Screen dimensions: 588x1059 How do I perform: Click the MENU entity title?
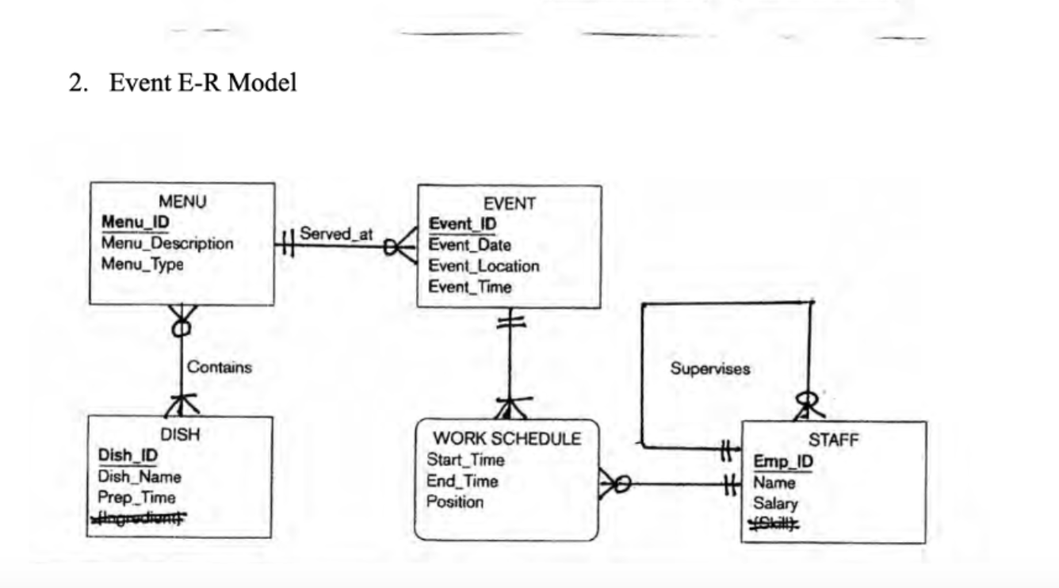point(182,201)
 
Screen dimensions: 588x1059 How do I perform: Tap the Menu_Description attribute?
point(167,243)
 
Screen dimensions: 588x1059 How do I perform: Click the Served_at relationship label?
point(336,235)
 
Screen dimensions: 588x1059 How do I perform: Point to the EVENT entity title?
point(509,204)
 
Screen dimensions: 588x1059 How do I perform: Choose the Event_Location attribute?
point(484,266)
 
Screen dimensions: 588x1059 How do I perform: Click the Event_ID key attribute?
point(462,224)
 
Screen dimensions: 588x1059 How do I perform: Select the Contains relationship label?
point(220,367)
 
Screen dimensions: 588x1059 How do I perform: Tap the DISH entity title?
point(180,434)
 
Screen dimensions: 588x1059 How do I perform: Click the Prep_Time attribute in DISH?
point(136,498)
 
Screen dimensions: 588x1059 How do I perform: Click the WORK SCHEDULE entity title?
point(507,438)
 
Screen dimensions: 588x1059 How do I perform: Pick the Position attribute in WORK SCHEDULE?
point(455,502)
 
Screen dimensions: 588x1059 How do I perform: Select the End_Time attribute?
point(462,481)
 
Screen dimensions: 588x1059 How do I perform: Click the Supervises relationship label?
point(709,368)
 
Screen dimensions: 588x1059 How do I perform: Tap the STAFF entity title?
point(833,441)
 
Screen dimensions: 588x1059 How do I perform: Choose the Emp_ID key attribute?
point(783,462)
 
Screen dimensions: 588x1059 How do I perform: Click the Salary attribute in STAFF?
point(775,503)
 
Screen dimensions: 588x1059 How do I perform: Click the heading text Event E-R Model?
point(202,82)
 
